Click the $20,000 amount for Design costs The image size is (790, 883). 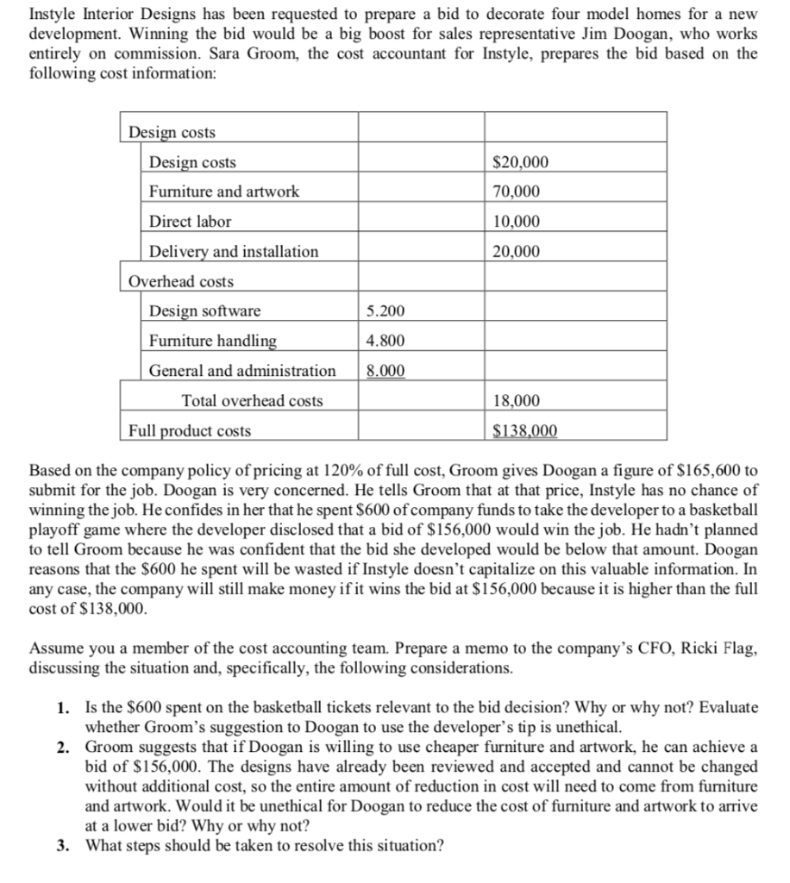tap(519, 163)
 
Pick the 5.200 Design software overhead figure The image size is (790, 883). tap(386, 311)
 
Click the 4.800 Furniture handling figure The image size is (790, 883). tap(386, 341)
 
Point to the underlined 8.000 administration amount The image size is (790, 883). tap(386, 372)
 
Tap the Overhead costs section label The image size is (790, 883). tap(181, 282)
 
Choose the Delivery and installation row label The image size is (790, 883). tap(234, 252)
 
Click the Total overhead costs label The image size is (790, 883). tap(253, 401)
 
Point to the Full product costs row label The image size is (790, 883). tap(190, 430)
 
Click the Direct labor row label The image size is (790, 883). tap(190, 222)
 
